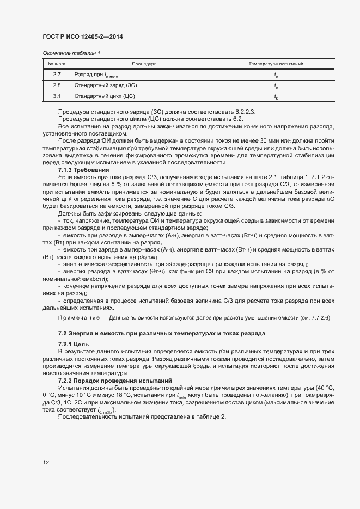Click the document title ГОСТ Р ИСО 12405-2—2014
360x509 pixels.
tap(83, 36)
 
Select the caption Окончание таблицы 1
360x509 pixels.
tap(71, 53)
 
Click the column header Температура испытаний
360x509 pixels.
tap(276, 64)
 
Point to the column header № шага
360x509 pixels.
tap(57, 64)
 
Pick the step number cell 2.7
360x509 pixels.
tap(57, 74)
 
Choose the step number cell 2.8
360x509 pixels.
tap(57, 85)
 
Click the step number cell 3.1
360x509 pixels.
tap(57, 96)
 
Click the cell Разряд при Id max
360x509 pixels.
tap(95, 75)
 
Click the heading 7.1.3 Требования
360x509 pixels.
tap(80, 170)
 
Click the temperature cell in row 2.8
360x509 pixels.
tap(276, 86)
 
